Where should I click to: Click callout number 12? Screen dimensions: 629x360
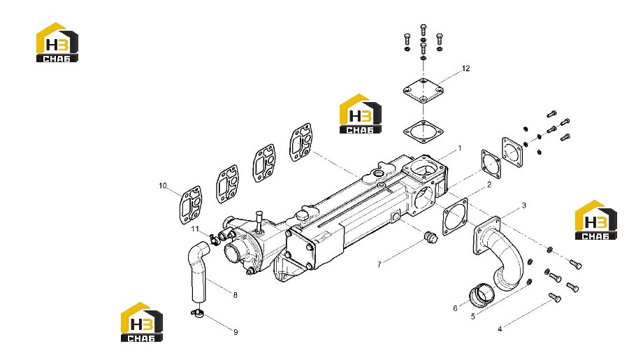click(465, 69)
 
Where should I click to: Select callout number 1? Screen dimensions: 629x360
click(460, 148)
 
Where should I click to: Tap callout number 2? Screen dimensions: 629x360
click(489, 185)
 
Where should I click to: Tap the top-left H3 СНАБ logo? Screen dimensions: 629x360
click(57, 42)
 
